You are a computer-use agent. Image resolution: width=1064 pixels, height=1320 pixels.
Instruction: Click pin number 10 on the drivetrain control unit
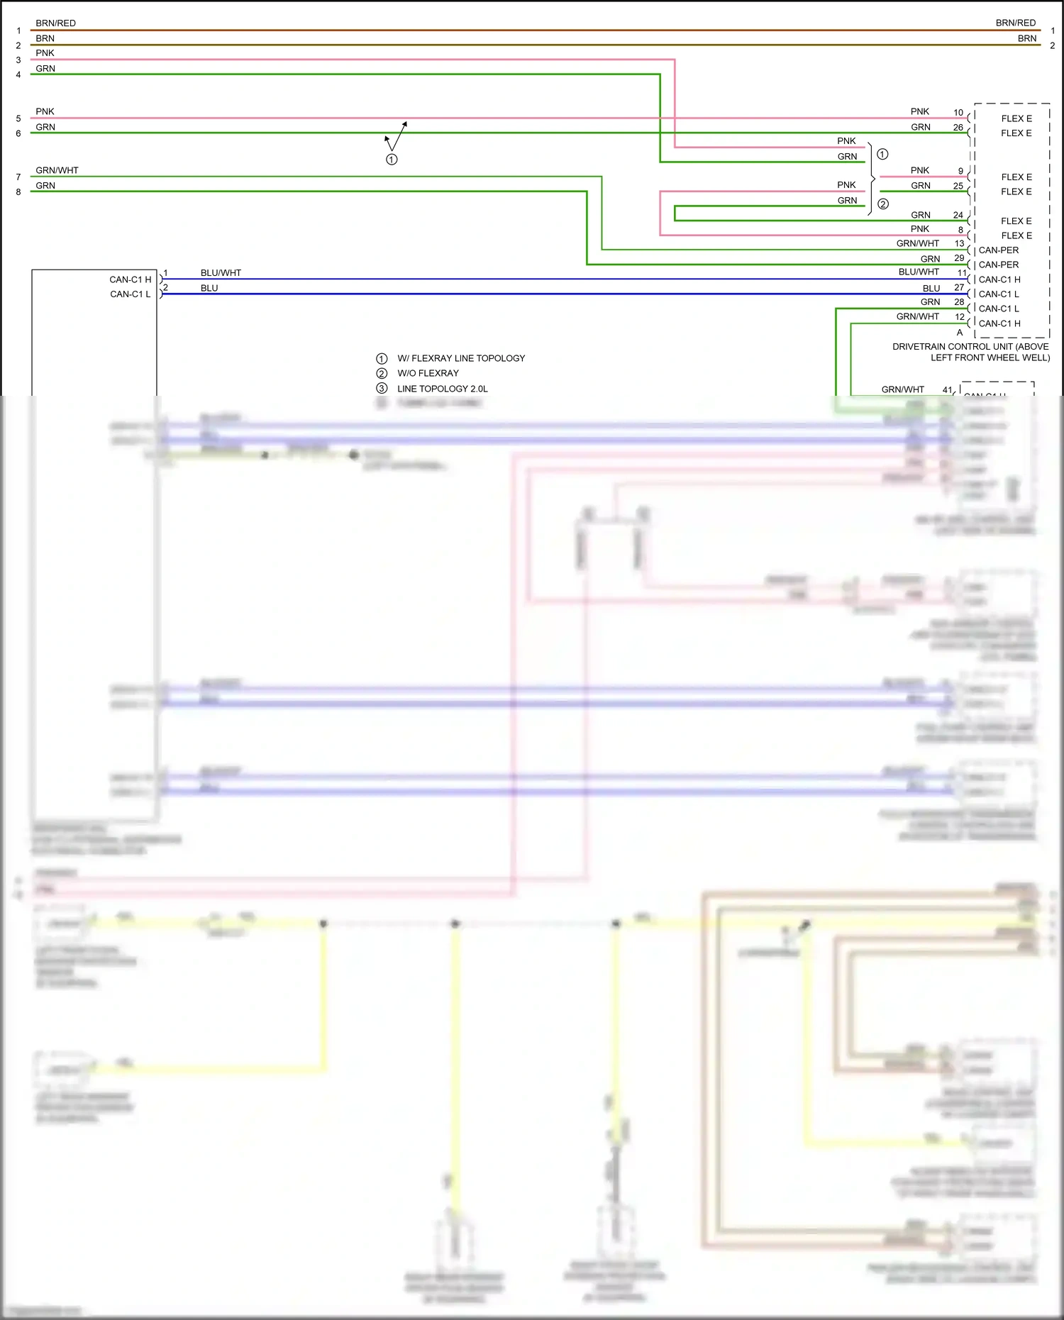point(958,113)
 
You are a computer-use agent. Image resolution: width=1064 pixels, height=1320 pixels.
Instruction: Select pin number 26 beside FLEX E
point(958,128)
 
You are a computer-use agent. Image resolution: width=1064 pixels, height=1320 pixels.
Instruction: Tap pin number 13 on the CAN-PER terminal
point(959,243)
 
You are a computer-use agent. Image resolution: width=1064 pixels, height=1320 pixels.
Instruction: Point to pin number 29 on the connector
point(959,258)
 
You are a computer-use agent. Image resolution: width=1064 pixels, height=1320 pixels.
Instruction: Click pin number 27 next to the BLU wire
point(959,287)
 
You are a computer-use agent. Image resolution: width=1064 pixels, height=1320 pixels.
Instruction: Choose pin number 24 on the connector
point(958,215)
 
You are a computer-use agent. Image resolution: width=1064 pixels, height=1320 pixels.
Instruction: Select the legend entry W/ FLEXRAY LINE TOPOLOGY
point(461,358)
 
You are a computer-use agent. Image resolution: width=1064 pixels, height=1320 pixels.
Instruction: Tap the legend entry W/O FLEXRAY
point(428,373)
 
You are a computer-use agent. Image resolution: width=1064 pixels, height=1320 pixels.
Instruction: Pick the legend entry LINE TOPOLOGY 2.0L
point(442,389)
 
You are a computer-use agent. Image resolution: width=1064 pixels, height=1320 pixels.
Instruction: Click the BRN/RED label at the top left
point(55,23)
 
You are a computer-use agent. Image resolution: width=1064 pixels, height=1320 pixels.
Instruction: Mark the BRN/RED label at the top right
point(1015,23)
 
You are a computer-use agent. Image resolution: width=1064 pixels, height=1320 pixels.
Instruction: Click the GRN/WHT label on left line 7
point(57,170)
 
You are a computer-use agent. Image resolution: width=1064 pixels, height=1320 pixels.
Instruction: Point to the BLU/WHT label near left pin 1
point(221,273)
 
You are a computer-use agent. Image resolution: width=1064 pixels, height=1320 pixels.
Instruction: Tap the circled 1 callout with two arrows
point(392,160)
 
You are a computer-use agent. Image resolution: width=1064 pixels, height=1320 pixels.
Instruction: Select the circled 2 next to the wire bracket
point(883,204)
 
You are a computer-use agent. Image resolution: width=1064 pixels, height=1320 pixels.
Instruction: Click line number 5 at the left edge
point(18,118)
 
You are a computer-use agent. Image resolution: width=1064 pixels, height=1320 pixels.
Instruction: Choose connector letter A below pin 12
point(960,333)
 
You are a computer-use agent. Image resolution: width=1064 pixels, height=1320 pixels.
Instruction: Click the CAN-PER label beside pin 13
point(998,250)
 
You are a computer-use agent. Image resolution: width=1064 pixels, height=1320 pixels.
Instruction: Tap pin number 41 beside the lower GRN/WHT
point(947,389)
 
